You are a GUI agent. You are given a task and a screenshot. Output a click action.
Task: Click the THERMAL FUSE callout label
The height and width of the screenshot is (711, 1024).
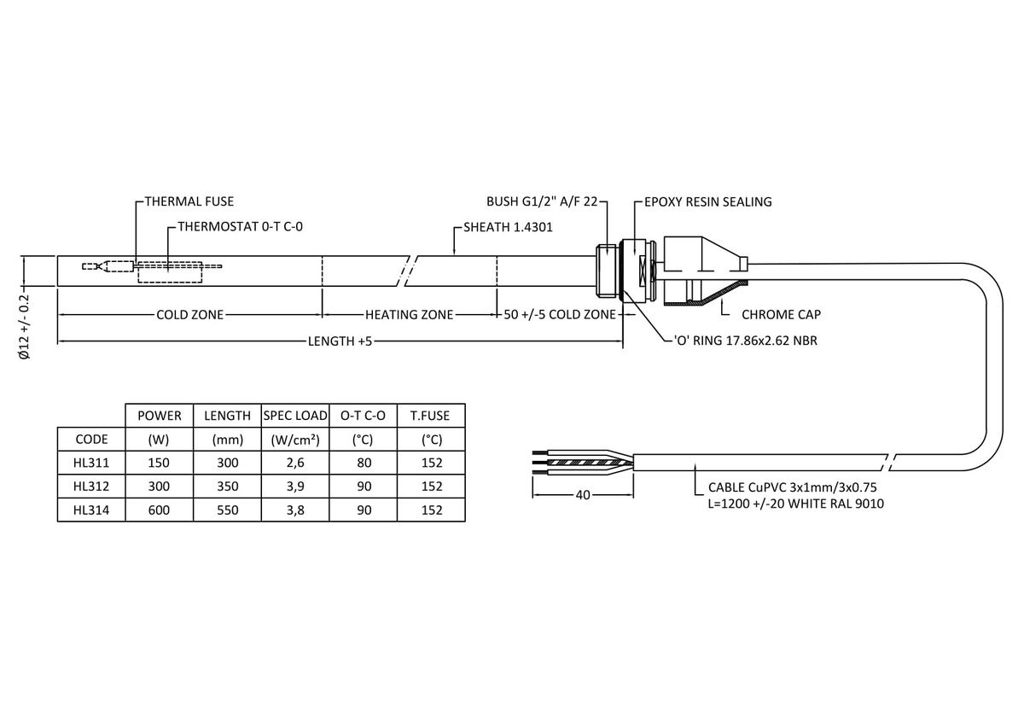[189, 202]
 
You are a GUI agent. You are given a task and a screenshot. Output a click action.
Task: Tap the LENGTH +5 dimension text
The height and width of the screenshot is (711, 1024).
[340, 341]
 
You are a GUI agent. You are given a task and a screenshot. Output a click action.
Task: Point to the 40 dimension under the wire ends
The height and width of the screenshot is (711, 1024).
[583, 494]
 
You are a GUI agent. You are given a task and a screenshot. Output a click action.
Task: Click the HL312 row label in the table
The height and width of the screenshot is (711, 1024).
[91, 487]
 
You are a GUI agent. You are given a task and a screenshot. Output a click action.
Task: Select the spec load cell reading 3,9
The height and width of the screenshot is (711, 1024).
[295, 487]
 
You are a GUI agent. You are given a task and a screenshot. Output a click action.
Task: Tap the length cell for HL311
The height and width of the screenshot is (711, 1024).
[227, 463]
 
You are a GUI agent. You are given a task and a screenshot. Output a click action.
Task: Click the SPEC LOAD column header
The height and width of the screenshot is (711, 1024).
[295, 416]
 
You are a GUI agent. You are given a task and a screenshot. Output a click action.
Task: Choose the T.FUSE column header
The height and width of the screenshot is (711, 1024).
[431, 416]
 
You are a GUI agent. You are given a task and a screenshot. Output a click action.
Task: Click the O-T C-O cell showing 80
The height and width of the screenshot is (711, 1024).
[364, 463]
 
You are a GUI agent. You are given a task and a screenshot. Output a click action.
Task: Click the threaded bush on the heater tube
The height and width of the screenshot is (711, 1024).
[606, 271]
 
